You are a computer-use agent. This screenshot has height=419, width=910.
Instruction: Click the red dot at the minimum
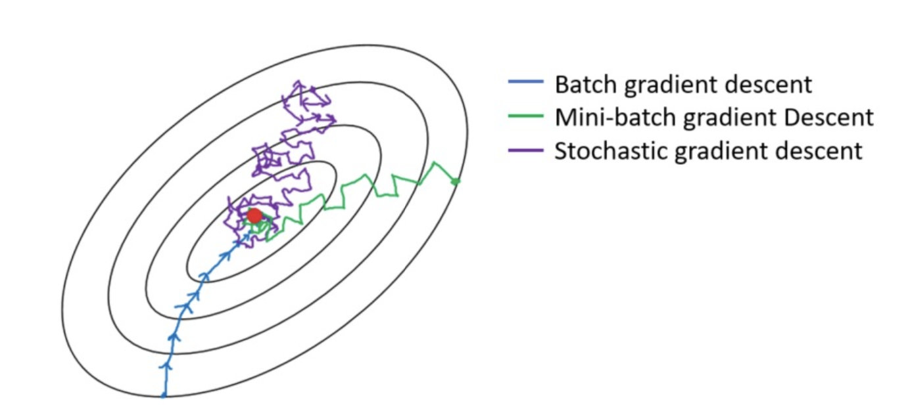(x=254, y=215)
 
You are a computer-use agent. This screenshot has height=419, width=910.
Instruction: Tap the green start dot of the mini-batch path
(x=456, y=181)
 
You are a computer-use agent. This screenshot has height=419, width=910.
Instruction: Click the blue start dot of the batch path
(x=164, y=395)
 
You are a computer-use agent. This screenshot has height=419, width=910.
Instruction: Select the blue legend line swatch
(x=526, y=81)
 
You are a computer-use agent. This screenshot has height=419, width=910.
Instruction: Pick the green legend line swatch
(x=526, y=116)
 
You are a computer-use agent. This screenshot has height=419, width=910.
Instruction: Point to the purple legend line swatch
(x=526, y=150)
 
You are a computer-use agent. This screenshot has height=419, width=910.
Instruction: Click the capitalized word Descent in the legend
(x=828, y=118)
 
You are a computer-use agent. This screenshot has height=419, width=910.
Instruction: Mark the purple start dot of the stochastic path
(x=313, y=89)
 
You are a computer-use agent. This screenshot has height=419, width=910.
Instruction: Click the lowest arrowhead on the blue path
(x=165, y=366)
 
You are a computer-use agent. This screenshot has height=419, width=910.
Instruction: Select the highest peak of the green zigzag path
(x=435, y=163)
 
